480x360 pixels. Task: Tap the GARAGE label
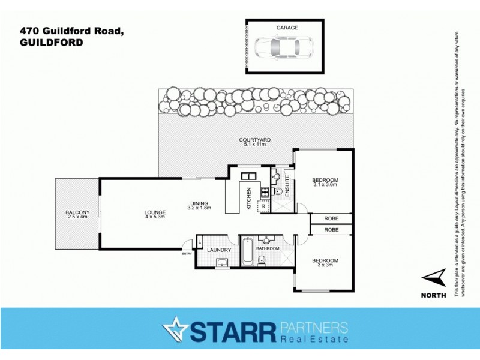(x=287, y=28)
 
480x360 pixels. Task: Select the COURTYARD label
(x=257, y=140)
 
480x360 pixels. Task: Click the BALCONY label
(x=77, y=212)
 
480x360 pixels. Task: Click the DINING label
(x=199, y=203)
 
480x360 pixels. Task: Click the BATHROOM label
(x=268, y=248)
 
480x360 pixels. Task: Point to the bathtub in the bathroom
(x=247, y=252)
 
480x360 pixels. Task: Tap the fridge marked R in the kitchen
(x=263, y=206)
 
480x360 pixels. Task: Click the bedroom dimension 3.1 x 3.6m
(x=326, y=185)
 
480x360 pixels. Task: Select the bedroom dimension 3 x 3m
(x=325, y=265)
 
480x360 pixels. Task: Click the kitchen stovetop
(x=263, y=192)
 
